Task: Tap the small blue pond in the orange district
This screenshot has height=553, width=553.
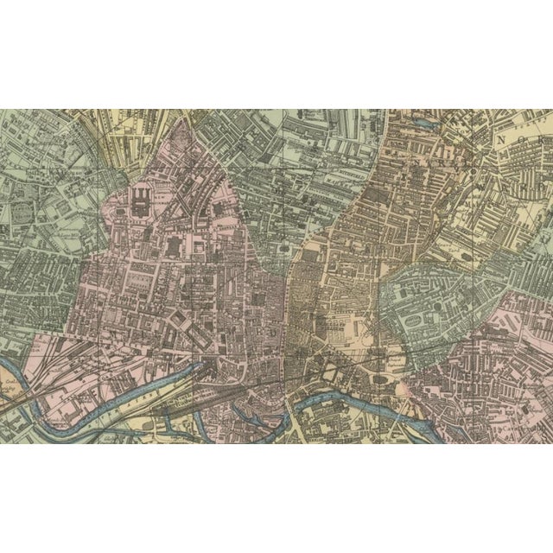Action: point(424,124)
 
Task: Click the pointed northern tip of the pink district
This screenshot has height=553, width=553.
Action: point(183,122)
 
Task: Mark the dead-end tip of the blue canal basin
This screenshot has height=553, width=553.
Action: point(202,367)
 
